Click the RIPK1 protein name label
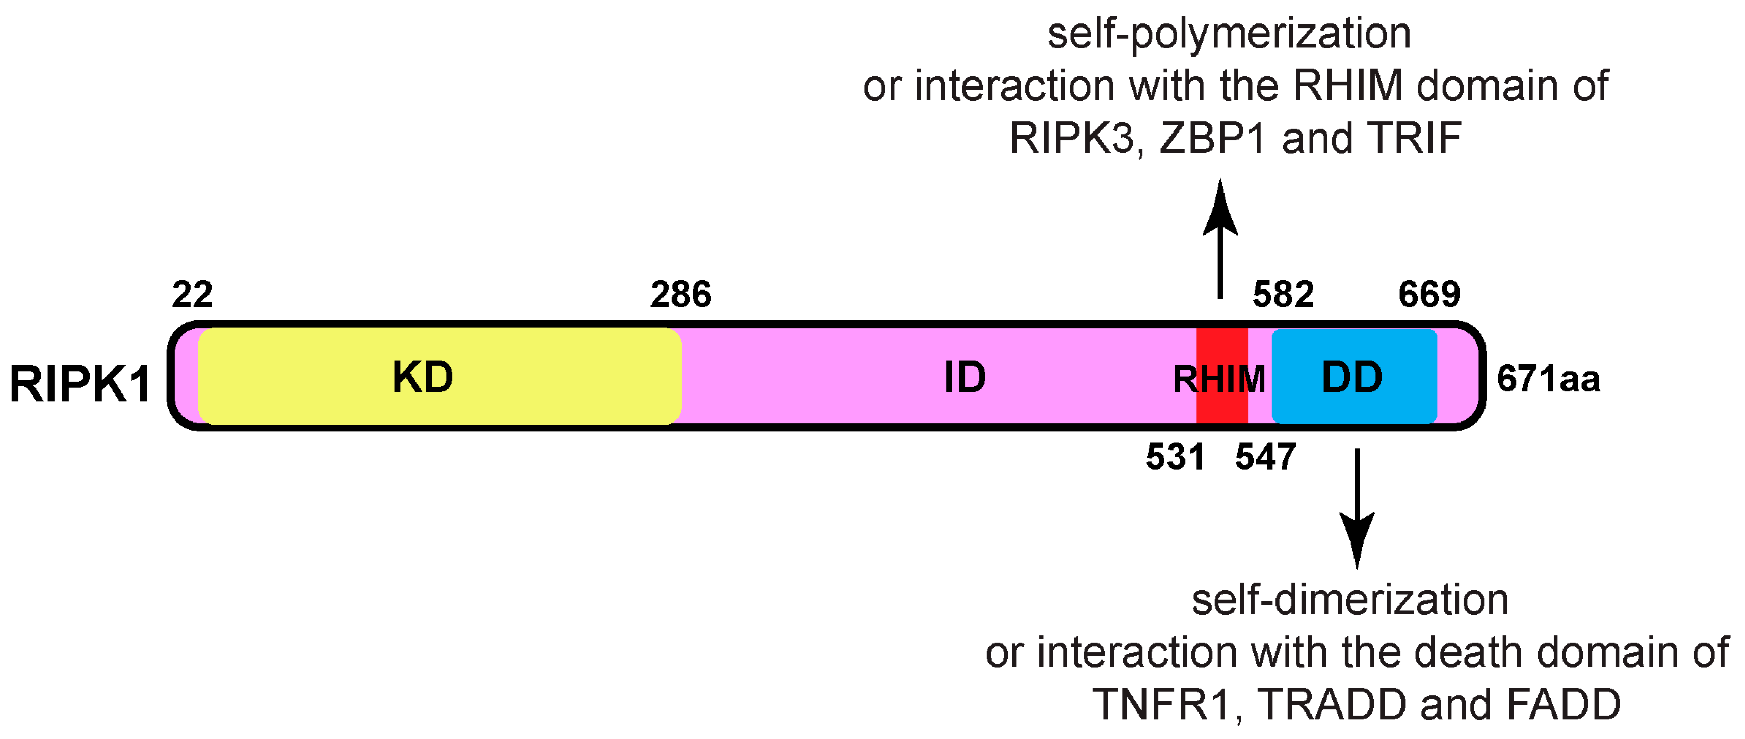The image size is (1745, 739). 80,383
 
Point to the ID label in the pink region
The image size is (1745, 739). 965,377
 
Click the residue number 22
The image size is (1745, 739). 192,295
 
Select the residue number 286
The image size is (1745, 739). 680,295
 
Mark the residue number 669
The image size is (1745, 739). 1429,295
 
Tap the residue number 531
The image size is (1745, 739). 1175,457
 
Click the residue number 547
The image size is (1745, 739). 1265,457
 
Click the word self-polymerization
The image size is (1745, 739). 1229,34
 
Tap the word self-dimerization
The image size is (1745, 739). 1350,600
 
